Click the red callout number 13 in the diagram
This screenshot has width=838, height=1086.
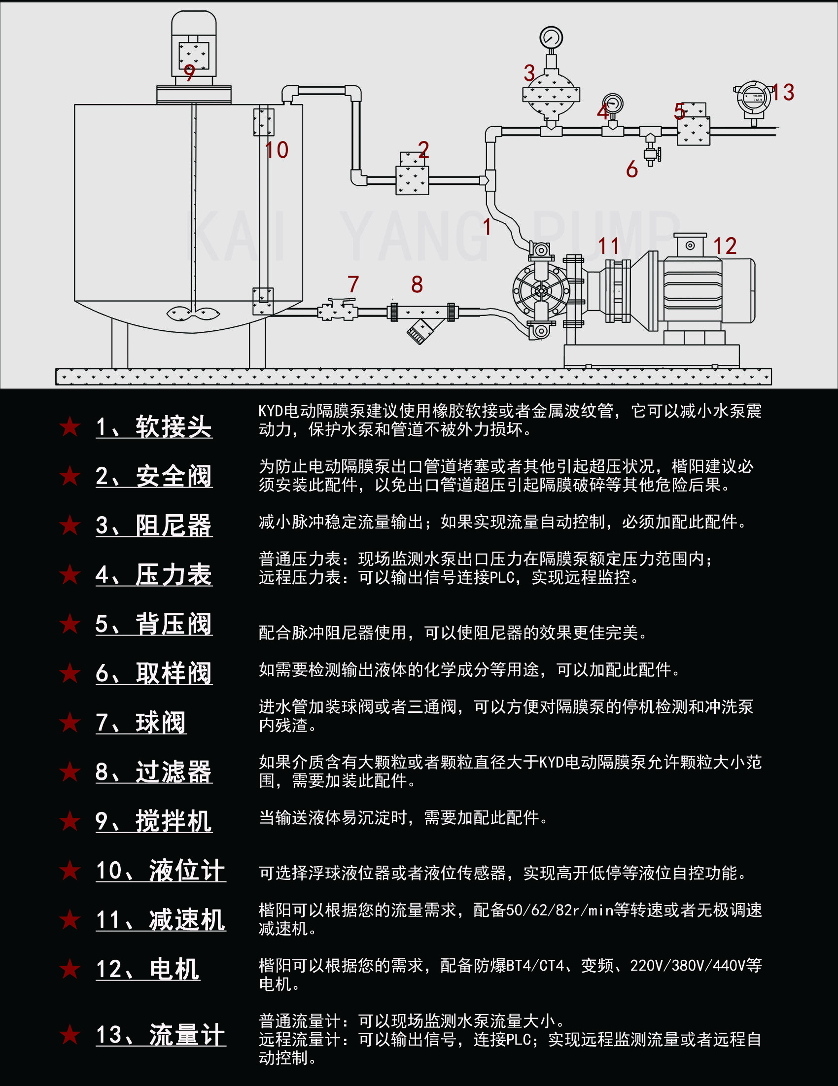(783, 93)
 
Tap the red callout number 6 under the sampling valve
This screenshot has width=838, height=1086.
(631, 170)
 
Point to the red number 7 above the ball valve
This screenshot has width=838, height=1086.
(353, 284)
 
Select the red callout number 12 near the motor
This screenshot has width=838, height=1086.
(725, 246)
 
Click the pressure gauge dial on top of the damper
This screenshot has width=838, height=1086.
(551, 37)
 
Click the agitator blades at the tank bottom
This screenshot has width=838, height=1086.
(193, 313)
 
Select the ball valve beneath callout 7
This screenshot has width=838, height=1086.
(337, 310)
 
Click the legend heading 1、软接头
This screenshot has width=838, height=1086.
(154, 426)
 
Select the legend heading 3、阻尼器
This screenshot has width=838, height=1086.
(154, 525)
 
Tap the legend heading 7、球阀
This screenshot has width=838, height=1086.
(141, 723)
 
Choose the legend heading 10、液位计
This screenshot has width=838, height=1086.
(161, 870)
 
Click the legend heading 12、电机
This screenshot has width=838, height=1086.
(148, 969)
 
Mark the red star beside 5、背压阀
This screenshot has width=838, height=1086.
(70, 624)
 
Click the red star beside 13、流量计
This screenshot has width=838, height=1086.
(70, 1034)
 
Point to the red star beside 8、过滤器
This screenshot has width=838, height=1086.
(70, 772)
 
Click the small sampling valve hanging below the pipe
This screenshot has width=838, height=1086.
(651, 153)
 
